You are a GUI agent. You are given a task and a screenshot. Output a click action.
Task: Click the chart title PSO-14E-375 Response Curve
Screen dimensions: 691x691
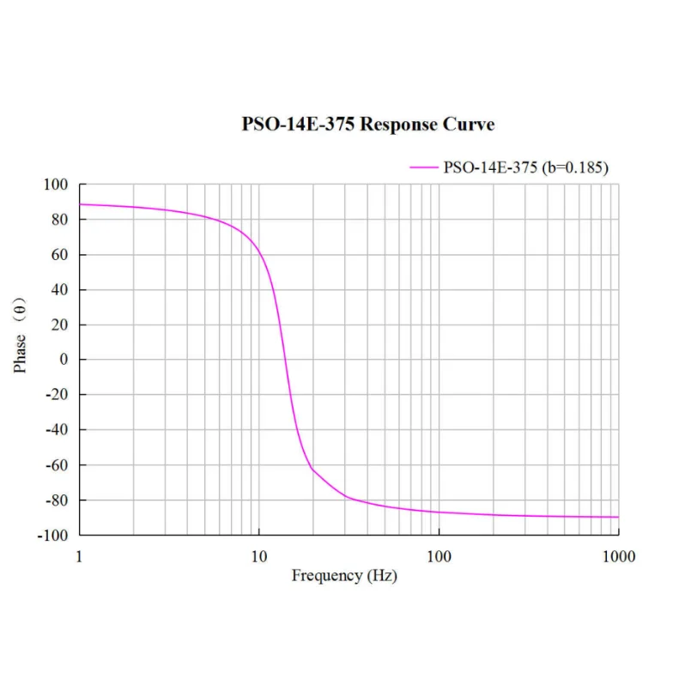(367, 124)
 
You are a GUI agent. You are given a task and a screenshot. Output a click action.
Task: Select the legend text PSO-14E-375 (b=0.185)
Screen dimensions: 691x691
(525, 167)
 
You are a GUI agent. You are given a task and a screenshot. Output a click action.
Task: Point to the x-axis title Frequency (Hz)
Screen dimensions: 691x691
(344, 576)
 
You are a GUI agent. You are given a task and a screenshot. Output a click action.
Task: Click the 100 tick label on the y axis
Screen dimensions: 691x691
(56, 185)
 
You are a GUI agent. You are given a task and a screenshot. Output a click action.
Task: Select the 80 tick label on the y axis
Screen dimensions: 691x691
(59, 220)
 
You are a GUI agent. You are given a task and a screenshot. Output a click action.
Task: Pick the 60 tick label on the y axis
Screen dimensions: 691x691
(59, 255)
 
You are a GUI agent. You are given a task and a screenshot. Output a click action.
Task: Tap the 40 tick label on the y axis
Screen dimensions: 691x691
(59, 290)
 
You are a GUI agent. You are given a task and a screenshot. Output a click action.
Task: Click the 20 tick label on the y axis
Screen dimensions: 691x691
(59, 325)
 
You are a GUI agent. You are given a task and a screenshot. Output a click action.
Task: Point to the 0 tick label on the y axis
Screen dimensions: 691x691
(63, 360)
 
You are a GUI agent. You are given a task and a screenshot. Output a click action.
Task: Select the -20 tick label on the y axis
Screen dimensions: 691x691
(56, 395)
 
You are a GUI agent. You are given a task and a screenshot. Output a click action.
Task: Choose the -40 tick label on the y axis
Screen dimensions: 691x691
(56, 430)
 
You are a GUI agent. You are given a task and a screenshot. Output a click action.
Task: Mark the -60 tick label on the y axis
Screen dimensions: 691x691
(56, 465)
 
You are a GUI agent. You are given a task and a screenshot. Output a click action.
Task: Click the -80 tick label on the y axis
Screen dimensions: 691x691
(56, 500)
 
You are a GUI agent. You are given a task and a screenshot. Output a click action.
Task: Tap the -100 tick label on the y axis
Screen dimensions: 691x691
(52, 536)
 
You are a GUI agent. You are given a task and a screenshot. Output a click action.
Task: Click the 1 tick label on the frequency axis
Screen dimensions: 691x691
(80, 556)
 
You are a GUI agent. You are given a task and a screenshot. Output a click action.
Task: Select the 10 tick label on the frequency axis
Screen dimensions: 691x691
(259, 556)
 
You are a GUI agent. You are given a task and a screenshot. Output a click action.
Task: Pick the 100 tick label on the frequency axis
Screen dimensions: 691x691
(439, 556)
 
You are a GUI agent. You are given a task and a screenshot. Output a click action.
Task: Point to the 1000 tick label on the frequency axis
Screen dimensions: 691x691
(618, 556)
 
